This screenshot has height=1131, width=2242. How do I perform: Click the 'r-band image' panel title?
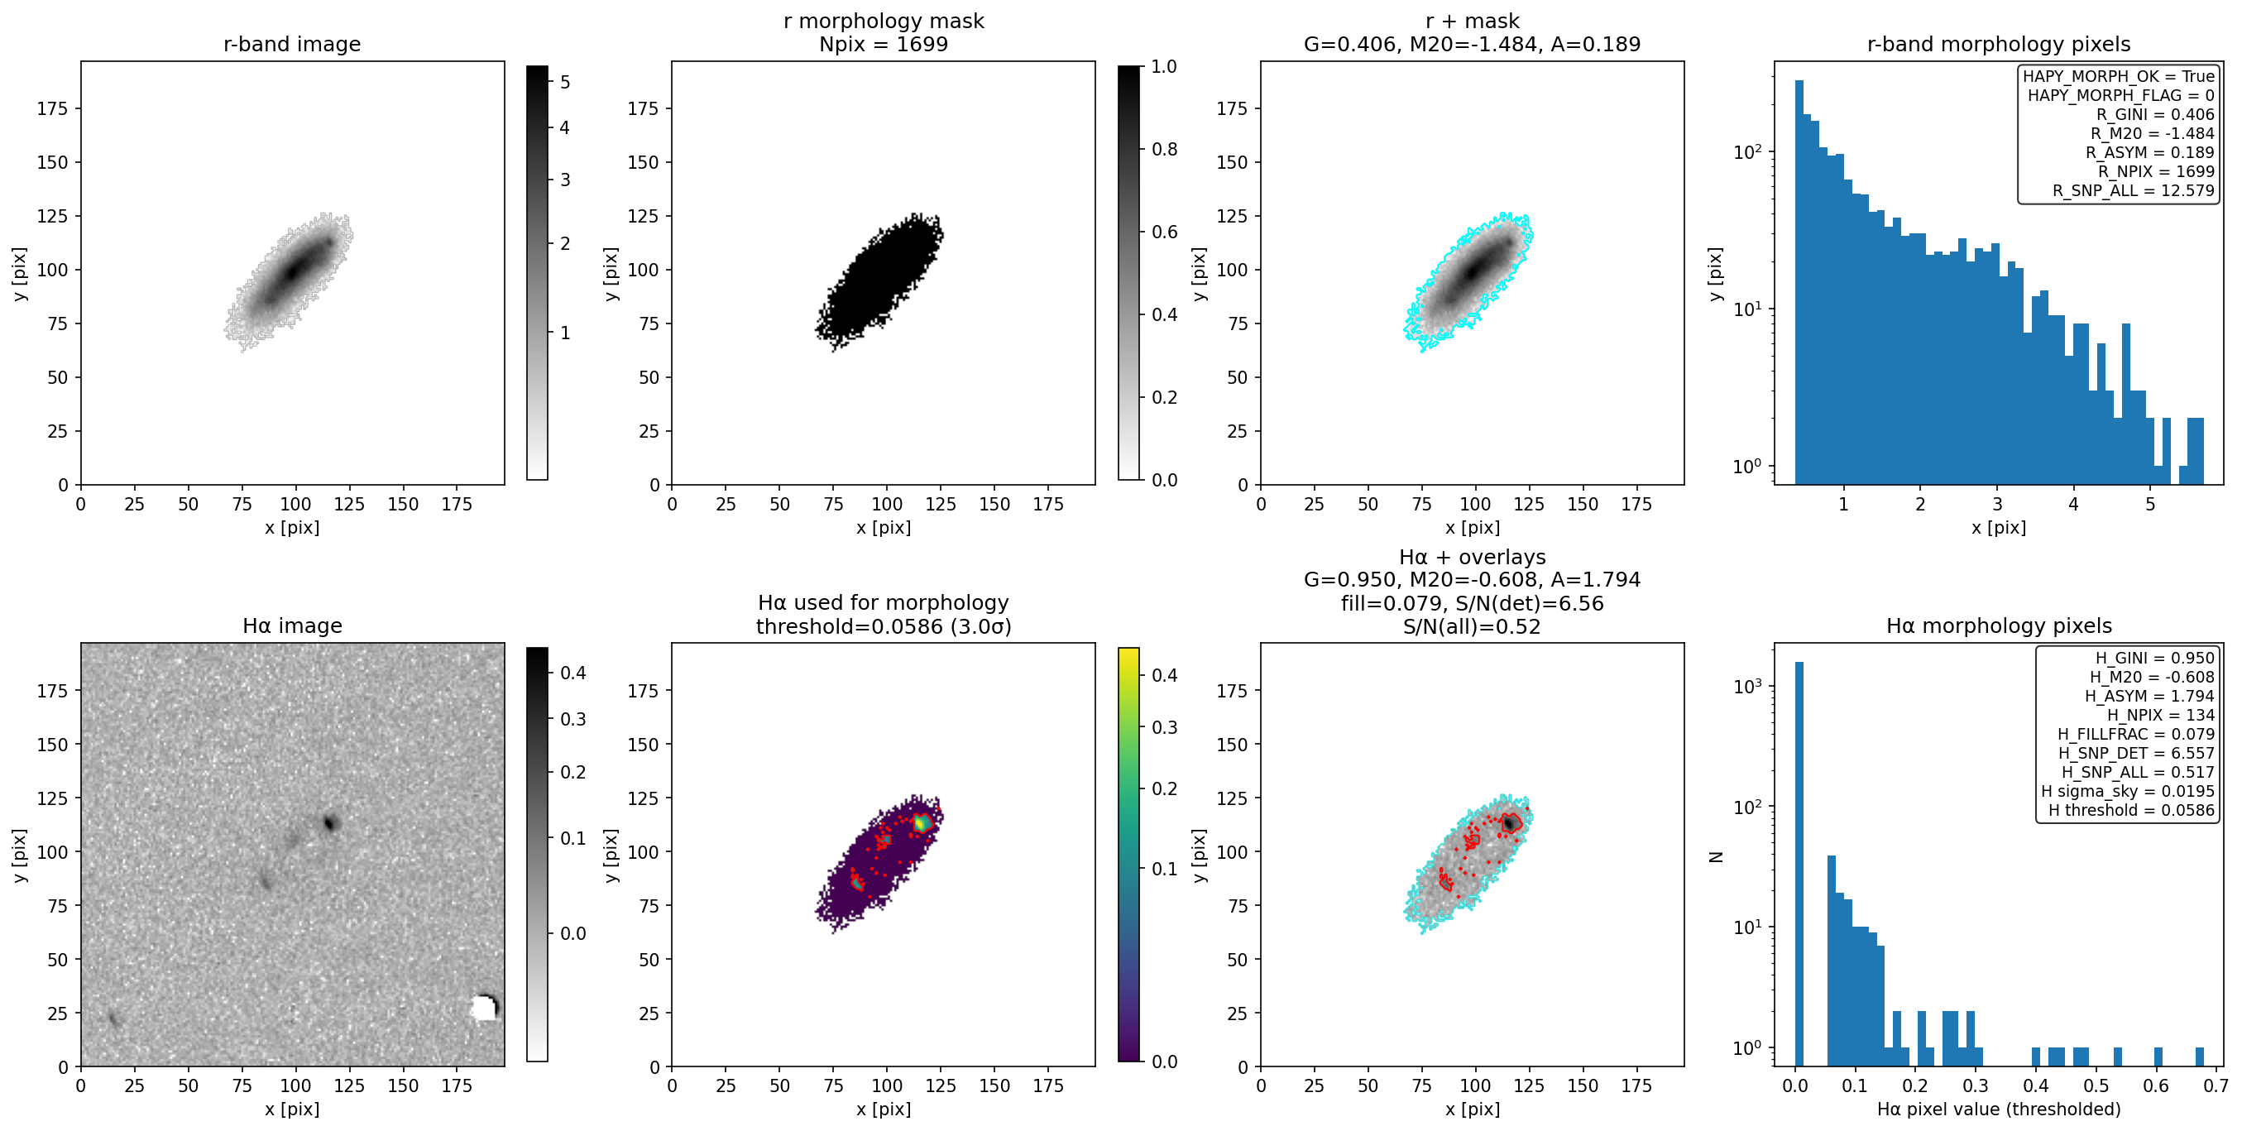291,44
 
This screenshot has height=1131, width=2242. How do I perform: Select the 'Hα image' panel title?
291,625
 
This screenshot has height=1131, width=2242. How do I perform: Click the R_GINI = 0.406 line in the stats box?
2154,114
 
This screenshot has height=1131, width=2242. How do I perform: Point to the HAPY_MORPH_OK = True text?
2119,76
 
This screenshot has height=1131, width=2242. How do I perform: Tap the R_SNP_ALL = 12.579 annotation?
2133,190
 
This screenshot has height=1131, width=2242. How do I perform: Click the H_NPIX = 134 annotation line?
2160,715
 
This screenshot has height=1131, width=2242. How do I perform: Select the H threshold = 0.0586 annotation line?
2131,810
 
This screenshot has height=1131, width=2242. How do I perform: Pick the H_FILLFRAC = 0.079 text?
2136,734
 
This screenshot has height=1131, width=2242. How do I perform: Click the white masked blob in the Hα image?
484,1008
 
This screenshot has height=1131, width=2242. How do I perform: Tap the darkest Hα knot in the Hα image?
330,822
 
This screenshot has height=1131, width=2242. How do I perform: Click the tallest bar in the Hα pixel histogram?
1799,863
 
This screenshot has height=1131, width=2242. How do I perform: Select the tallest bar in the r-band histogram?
1799,282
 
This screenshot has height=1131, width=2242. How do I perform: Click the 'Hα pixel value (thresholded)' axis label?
1998,1109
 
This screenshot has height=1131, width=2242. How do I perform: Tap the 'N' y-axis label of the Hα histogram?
1716,855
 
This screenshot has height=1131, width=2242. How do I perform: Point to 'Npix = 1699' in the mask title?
884,44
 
